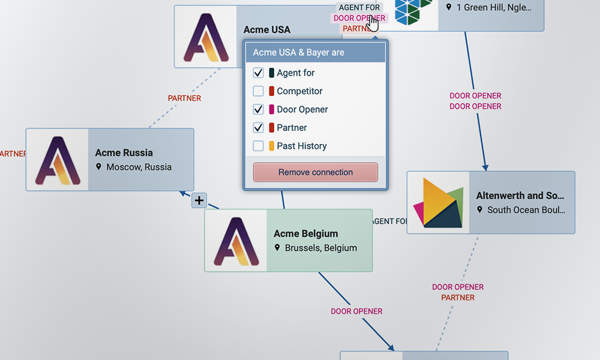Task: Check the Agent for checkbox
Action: tap(259, 73)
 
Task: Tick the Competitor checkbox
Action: tap(259, 91)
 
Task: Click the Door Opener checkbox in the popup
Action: tap(259, 109)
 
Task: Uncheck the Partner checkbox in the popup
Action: tap(259, 128)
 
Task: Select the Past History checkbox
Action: tap(259, 146)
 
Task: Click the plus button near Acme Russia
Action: tap(199, 200)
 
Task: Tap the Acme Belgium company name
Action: tap(306, 233)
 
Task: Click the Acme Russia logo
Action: tap(58, 160)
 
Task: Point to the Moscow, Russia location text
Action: tap(139, 167)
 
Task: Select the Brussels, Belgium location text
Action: tap(321, 248)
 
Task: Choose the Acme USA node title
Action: tap(267, 29)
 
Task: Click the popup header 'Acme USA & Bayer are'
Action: tap(299, 52)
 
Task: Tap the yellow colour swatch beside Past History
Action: tap(271, 146)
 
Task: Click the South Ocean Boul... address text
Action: tap(526, 210)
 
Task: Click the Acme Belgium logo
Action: tap(236, 241)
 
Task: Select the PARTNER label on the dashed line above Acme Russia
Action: tap(184, 98)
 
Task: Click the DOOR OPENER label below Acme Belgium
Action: tap(356, 311)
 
